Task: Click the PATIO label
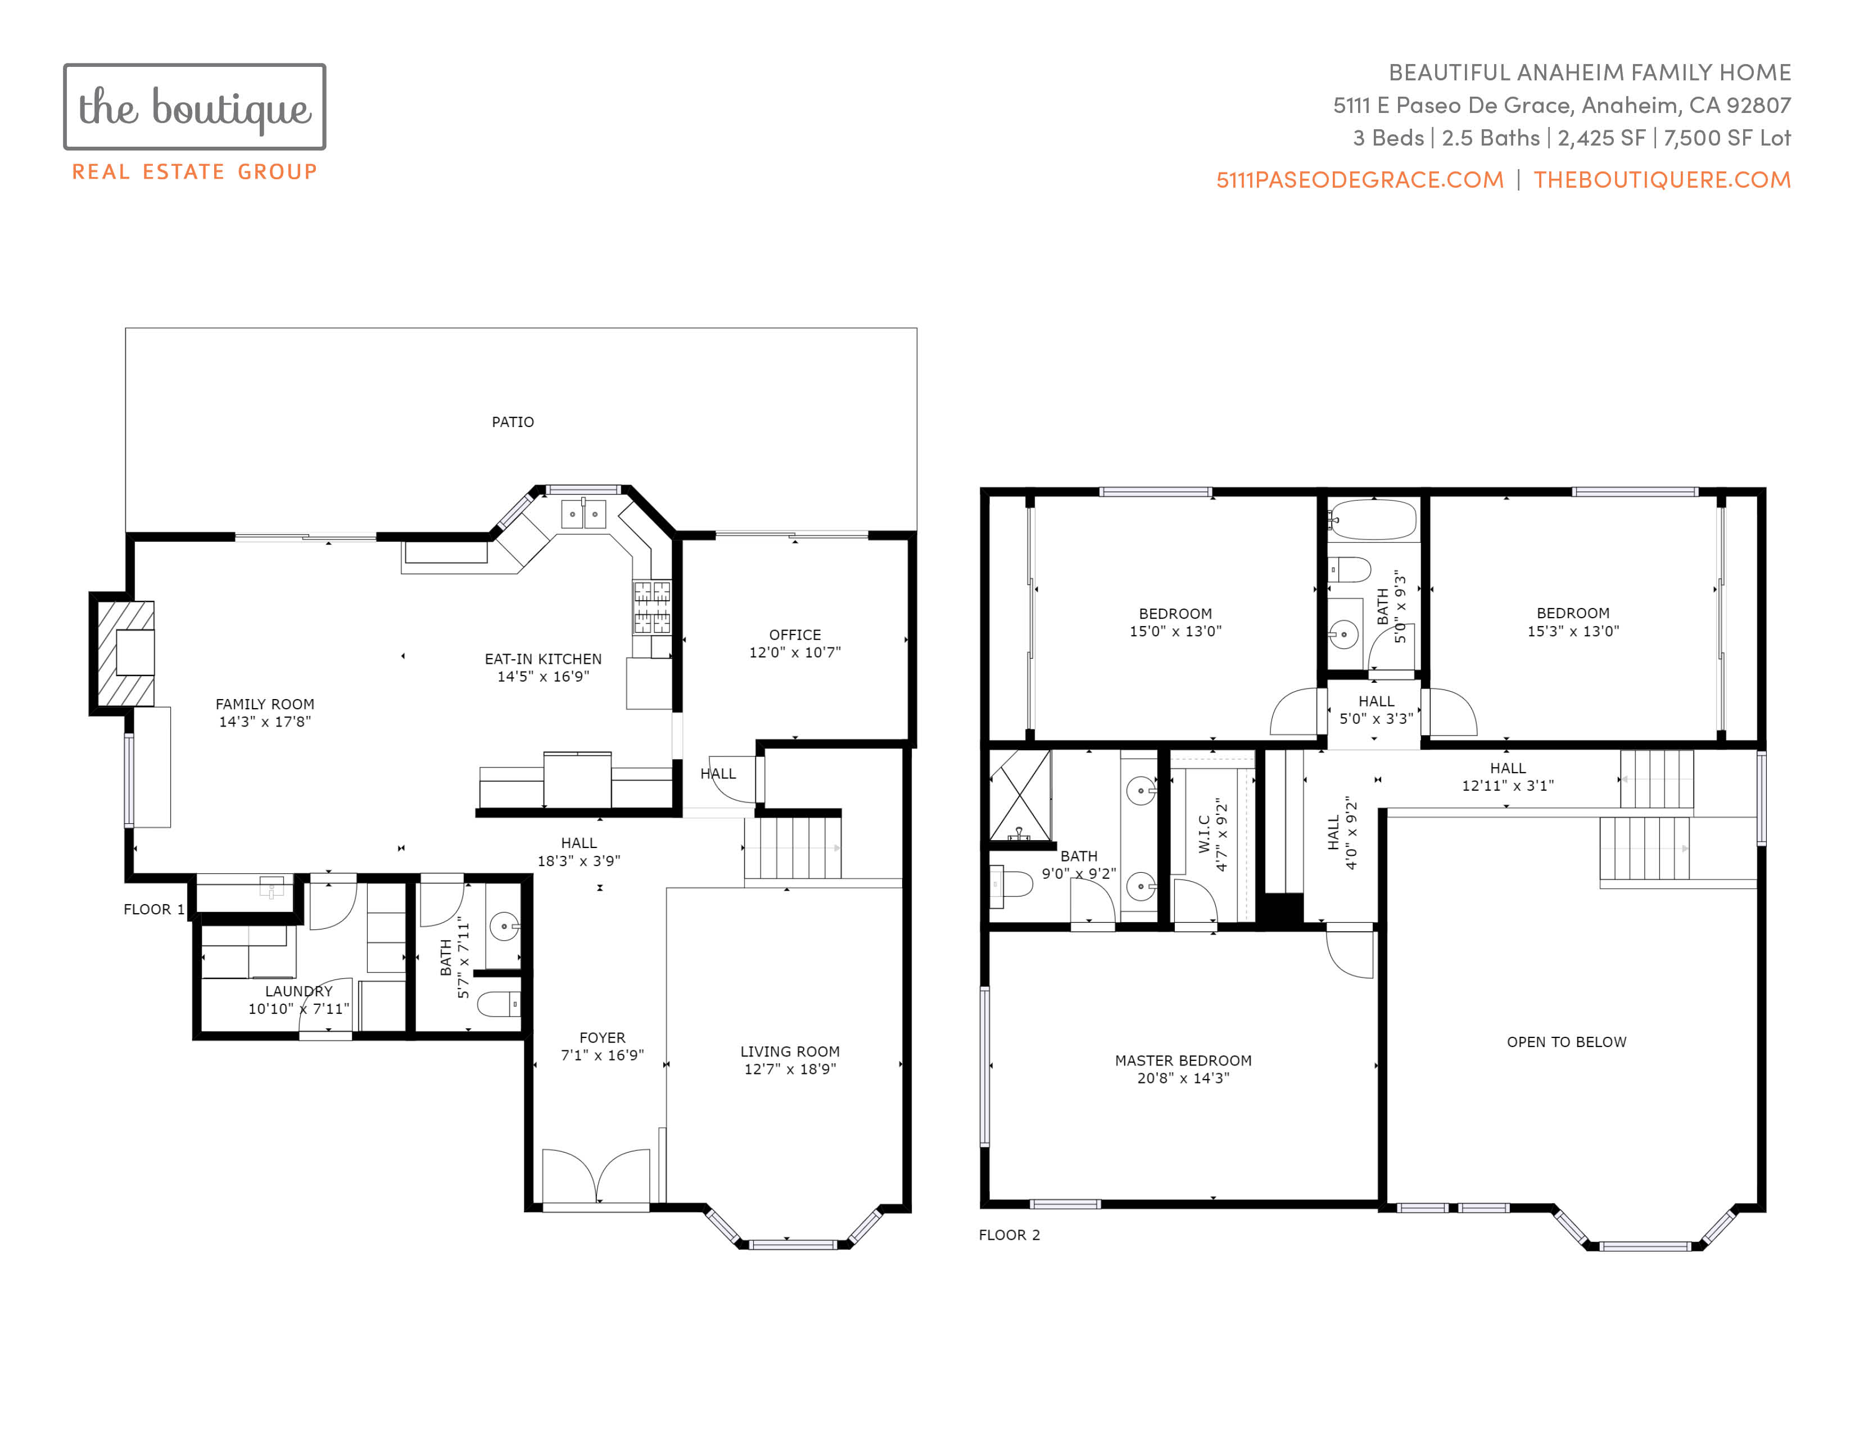pos(513,422)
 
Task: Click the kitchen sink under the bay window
pos(583,514)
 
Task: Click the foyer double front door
pos(596,1176)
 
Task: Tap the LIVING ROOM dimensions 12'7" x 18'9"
pos(790,1069)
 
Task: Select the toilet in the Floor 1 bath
pos(499,1004)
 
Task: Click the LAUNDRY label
pos(299,991)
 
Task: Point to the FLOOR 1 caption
pos(153,909)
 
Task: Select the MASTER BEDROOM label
pos(1183,1060)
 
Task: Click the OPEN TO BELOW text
pos(1566,1042)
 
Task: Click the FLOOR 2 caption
pos(1009,1235)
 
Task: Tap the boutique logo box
pos(194,107)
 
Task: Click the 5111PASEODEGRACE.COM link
pos(1360,180)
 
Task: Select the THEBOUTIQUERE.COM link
pos(1662,180)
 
